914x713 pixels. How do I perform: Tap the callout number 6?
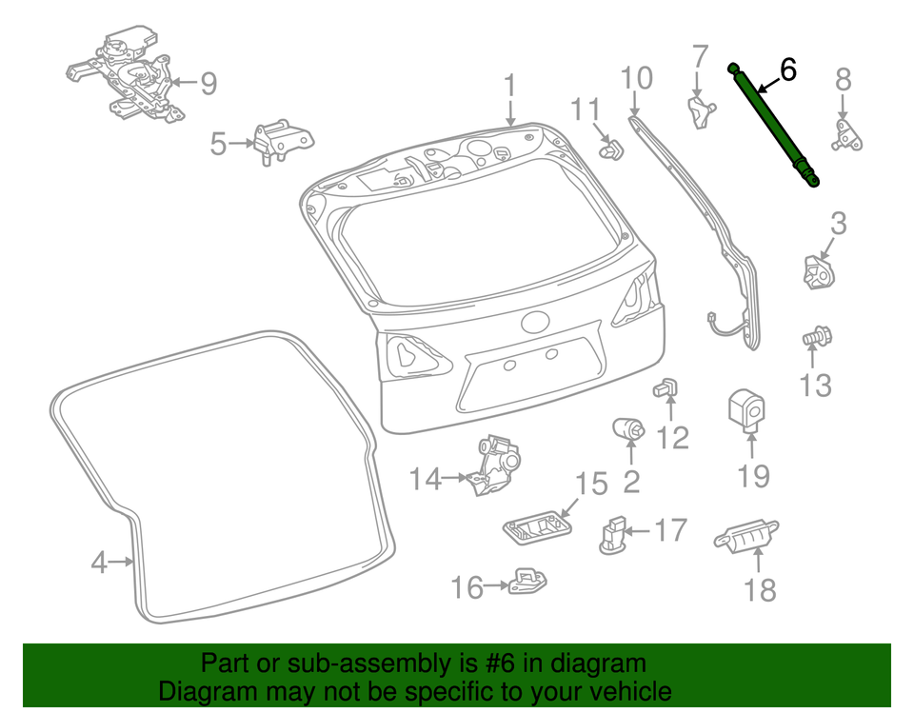pos(787,69)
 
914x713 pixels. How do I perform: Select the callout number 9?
pos(208,84)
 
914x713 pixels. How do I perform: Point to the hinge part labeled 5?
pos(282,142)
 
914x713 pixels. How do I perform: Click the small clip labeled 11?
pos(611,149)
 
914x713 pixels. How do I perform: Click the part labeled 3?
pos(814,272)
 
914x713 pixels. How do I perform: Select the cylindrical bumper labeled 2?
pos(629,429)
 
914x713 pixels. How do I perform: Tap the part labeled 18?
pos(745,538)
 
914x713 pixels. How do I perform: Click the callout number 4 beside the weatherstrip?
pos(99,563)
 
